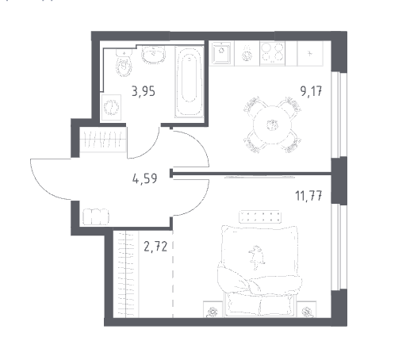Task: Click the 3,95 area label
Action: click(144, 92)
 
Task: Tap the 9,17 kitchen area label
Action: click(311, 91)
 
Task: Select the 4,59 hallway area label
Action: click(145, 178)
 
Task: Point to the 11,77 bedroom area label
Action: click(308, 196)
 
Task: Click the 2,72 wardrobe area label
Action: click(155, 247)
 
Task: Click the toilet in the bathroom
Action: click(124, 63)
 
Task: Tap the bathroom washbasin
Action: click(154, 55)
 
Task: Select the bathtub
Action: click(189, 82)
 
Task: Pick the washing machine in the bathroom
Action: click(111, 107)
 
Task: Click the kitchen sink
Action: click(221, 53)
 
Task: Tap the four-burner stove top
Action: click(272, 53)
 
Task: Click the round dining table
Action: click(272, 124)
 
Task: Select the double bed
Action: click(259, 271)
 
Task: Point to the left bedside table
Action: click(213, 309)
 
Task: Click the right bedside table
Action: click(307, 309)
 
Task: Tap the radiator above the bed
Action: click(260, 216)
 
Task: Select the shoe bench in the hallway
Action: click(96, 217)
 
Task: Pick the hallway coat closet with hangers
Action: click(102, 140)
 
